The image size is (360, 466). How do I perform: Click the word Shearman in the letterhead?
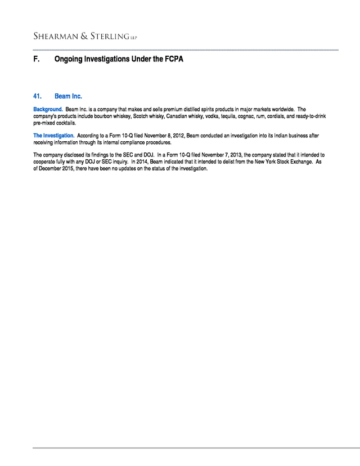click(x=54, y=37)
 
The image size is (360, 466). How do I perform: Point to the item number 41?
click(x=38, y=96)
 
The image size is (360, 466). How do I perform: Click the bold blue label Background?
click(x=48, y=109)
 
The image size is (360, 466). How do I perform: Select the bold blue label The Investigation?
click(x=53, y=136)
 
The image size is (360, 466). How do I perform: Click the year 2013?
click(x=236, y=154)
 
